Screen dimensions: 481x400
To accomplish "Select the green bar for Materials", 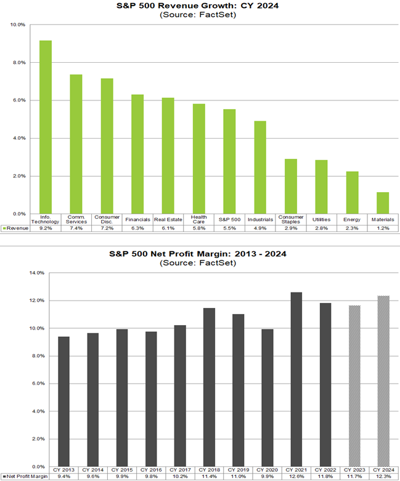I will (x=383, y=203).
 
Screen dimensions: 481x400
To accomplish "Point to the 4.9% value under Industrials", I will (x=260, y=228).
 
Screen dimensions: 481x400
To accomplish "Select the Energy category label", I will (x=352, y=219).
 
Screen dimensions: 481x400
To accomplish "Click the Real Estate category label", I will (x=168, y=219).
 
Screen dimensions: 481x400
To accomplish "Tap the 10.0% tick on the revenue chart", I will (x=18, y=25).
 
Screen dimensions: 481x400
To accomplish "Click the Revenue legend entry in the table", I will (x=15, y=228).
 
